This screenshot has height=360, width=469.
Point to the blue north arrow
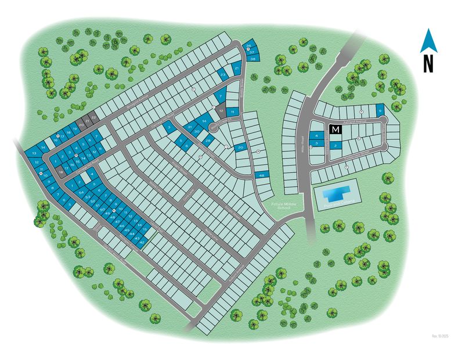click(x=428, y=41)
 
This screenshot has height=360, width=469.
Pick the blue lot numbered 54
click(x=81, y=192)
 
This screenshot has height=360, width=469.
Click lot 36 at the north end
click(x=248, y=45)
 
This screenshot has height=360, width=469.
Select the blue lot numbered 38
click(x=254, y=59)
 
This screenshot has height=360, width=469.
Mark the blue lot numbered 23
click(x=223, y=75)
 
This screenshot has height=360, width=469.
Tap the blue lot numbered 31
click(x=189, y=127)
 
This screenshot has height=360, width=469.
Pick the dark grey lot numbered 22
click(x=93, y=118)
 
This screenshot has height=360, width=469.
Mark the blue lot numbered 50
click(x=103, y=209)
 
